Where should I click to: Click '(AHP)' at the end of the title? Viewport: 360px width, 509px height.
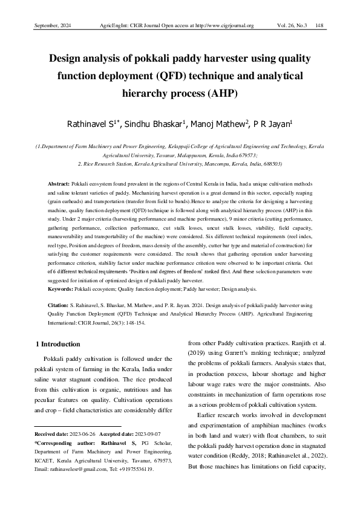pos(222,94)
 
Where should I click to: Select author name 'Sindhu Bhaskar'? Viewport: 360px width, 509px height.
pos(159,125)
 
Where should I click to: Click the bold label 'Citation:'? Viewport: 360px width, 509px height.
pos(59,306)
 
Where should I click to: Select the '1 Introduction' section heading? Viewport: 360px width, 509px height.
pos(58,344)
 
